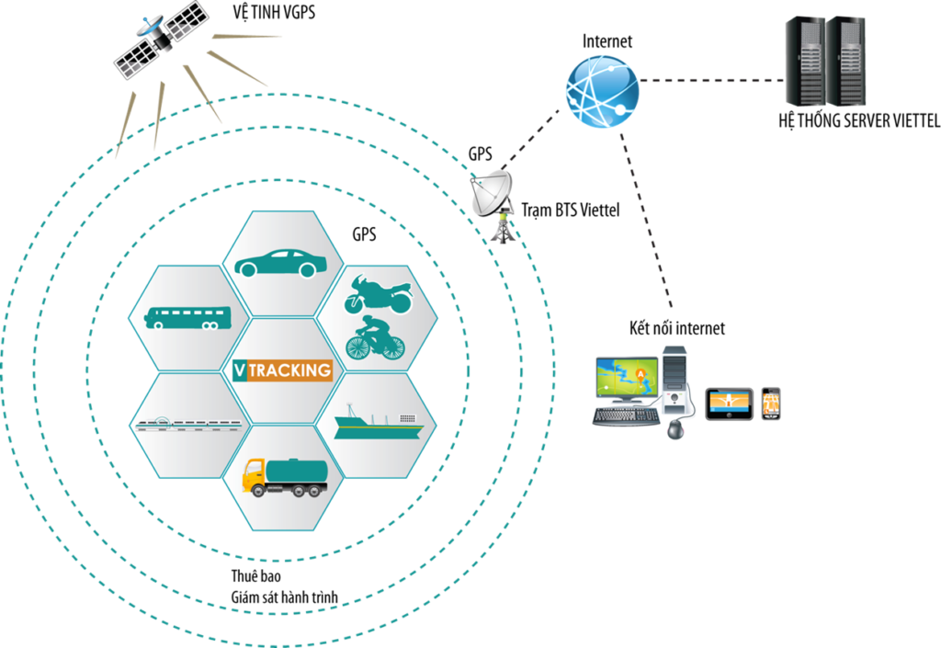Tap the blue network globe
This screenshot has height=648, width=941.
(602, 90)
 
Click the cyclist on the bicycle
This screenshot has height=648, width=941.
(374, 338)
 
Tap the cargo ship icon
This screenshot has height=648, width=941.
(378, 424)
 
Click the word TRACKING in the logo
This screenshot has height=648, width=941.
(289, 371)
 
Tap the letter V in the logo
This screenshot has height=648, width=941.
(240, 371)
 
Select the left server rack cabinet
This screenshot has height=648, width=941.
(805, 61)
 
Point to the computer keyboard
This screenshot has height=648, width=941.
(626, 416)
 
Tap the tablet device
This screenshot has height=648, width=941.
(730, 404)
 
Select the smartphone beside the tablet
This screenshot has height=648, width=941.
(771, 404)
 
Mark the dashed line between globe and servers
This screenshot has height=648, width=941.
(712, 80)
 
